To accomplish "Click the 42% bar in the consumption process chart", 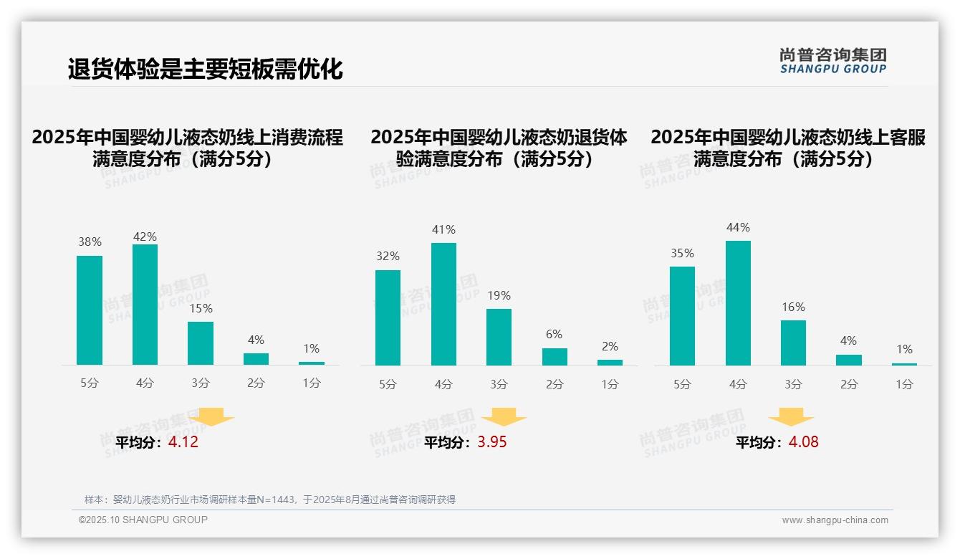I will point(145,305).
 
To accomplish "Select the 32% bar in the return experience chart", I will point(388,317).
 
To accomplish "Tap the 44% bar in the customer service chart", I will point(738,303).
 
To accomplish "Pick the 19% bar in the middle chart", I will point(499,337).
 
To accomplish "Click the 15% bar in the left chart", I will point(201,343).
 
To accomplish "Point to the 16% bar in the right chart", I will point(793,343).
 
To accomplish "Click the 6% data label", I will point(554,334).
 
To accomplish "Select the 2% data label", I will point(610,346).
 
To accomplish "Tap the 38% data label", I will point(90,242).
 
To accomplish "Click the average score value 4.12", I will point(183,442).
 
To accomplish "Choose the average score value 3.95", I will point(492,442).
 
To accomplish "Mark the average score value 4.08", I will point(803,442).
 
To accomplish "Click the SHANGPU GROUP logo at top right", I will point(832,60).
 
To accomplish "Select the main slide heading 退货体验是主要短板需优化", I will point(206,70).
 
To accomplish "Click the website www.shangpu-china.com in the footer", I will point(835,520).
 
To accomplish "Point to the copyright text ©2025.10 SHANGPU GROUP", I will point(143,520).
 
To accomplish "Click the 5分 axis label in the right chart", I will point(682,384).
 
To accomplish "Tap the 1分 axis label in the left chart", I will point(312,383).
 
